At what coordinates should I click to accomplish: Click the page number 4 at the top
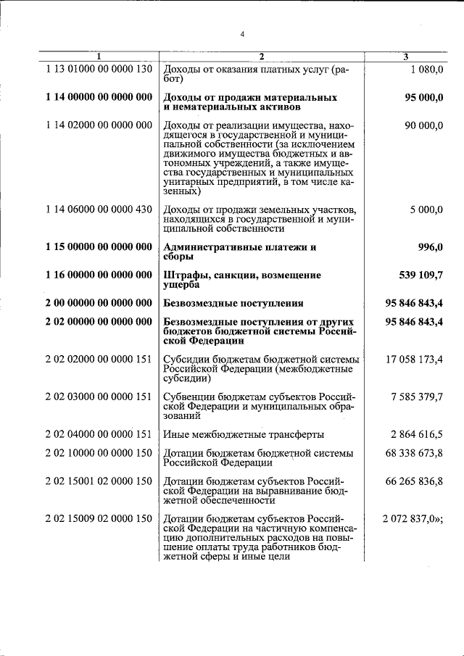pyautogui.click(x=243, y=34)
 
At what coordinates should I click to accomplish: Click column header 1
pyautogui.click(x=99, y=57)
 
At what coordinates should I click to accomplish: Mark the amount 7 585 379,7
pyautogui.click(x=417, y=396)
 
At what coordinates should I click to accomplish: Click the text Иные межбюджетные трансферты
pyautogui.click(x=244, y=434)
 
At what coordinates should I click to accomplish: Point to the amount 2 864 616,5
pyautogui.click(x=417, y=434)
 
